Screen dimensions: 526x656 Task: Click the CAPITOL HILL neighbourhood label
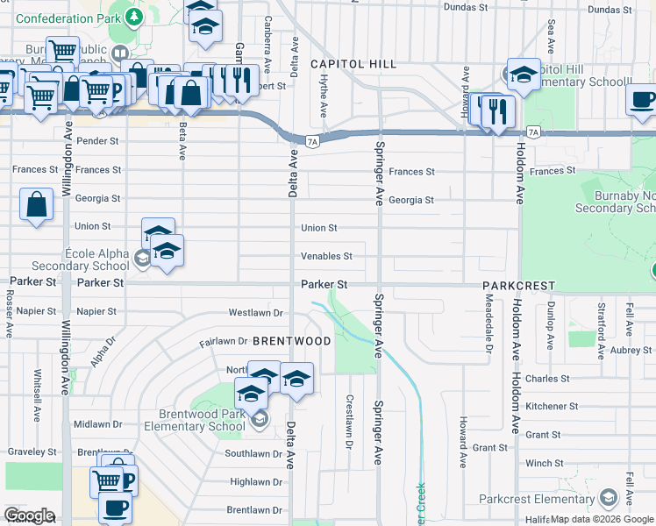[x=353, y=64]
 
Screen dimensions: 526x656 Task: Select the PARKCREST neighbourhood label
[x=517, y=286]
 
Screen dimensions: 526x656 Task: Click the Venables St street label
[x=326, y=256]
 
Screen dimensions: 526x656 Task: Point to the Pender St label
[x=97, y=140]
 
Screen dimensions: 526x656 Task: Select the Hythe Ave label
[x=324, y=96]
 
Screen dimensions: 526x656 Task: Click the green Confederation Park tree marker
[x=132, y=16]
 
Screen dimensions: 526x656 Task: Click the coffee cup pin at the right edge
[x=642, y=99]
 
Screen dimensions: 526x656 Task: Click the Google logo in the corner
[x=29, y=515]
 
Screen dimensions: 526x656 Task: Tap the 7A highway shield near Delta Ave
[x=312, y=140]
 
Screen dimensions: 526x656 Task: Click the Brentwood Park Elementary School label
[x=202, y=421]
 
